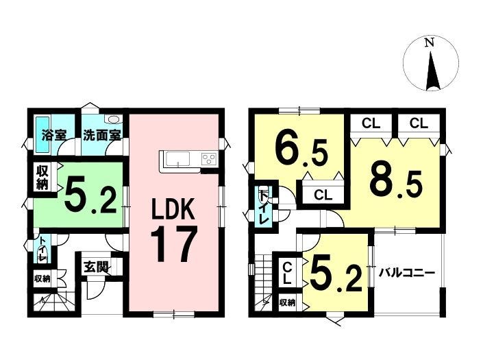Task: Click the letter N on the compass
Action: point(430,43)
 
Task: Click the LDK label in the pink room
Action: point(172,209)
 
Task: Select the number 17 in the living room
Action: point(173,244)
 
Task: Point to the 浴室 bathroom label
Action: point(54,135)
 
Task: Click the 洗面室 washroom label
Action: point(101,135)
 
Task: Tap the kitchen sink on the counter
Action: point(177,159)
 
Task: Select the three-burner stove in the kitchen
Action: point(209,159)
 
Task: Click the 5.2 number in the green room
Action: point(90,196)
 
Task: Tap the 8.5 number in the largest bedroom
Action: point(396,183)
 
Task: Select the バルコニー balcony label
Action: point(406,273)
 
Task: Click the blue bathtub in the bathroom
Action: point(39,134)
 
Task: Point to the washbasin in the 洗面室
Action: point(114,119)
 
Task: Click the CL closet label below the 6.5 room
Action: point(323,195)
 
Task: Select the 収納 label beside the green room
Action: point(42,178)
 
